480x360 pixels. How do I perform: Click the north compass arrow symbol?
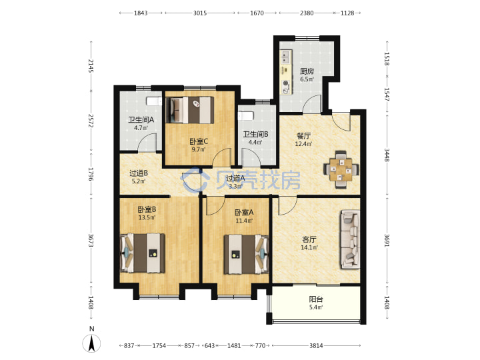pyautogui.click(x=91, y=343)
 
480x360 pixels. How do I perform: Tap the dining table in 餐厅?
pyautogui.click(x=341, y=169)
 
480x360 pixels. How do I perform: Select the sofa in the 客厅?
pyautogui.click(x=349, y=239)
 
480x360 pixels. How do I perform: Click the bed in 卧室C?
pyautogui.click(x=190, y=110)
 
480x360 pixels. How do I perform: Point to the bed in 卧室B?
pyautogui.click(x=143, y=253)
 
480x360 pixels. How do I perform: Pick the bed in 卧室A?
pyautogui.click(x=247, y=254)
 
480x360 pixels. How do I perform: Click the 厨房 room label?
pyautogui.click(x=307, y=71)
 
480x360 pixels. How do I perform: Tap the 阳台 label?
pyautogui.click(x=316, y=299)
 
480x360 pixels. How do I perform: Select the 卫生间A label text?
pyautogui.click(x=141, y=120)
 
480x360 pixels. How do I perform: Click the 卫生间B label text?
pyautogui.click(x=255, y=134)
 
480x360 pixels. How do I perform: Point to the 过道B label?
pyautogui.click(x=139, y=173)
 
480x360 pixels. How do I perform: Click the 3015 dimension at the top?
pyautogui.click(x=200, y=13)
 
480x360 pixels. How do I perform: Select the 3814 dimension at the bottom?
pyautogui.click(x=316, y=345)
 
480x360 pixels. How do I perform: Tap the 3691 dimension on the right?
pyautogui.click(x=387, y=240)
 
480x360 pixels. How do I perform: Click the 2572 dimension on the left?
pyautogui.click(x=91, y=121)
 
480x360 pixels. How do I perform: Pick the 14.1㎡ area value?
pyautogui.click(x=309, y=247)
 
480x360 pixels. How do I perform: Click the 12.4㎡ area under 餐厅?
pyautogui.click(x=303, y=143)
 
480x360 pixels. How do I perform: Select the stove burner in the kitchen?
pyautogui.click(x=286, y=83)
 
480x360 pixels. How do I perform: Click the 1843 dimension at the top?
pyautogui.click(x=141, y=13)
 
